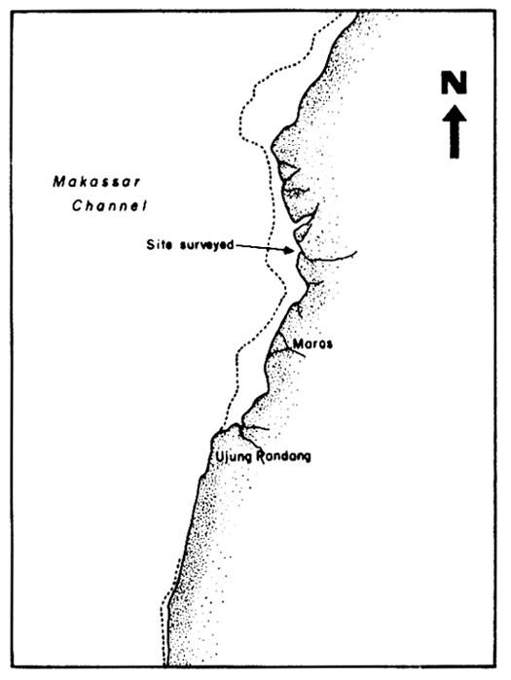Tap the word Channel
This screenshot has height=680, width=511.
coord(108,207)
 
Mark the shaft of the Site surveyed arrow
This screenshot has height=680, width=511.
coord(263,248)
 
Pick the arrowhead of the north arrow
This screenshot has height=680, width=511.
coord(455,113)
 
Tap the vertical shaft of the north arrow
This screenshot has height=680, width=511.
coord(455,141)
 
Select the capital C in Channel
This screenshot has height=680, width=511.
coord(80,207)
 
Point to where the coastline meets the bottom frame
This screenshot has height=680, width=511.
coord(166,666)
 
